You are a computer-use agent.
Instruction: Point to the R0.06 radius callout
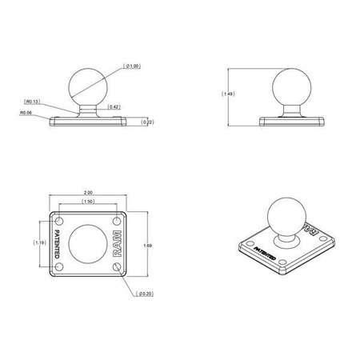tap(27, 113)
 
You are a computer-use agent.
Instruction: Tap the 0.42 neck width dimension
tap(114, 106)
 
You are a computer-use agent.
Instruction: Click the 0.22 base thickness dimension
tap(146, 122)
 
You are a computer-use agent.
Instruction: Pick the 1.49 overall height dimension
tap(226, 94)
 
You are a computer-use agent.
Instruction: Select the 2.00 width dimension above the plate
tap(88, 193)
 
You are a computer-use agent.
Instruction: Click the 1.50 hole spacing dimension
tap(88, 202)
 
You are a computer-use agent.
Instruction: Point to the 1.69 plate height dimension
tap(146, 245)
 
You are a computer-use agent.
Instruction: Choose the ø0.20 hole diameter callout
tap(145, 294)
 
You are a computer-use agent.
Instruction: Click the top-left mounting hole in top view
tap(59, 217)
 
